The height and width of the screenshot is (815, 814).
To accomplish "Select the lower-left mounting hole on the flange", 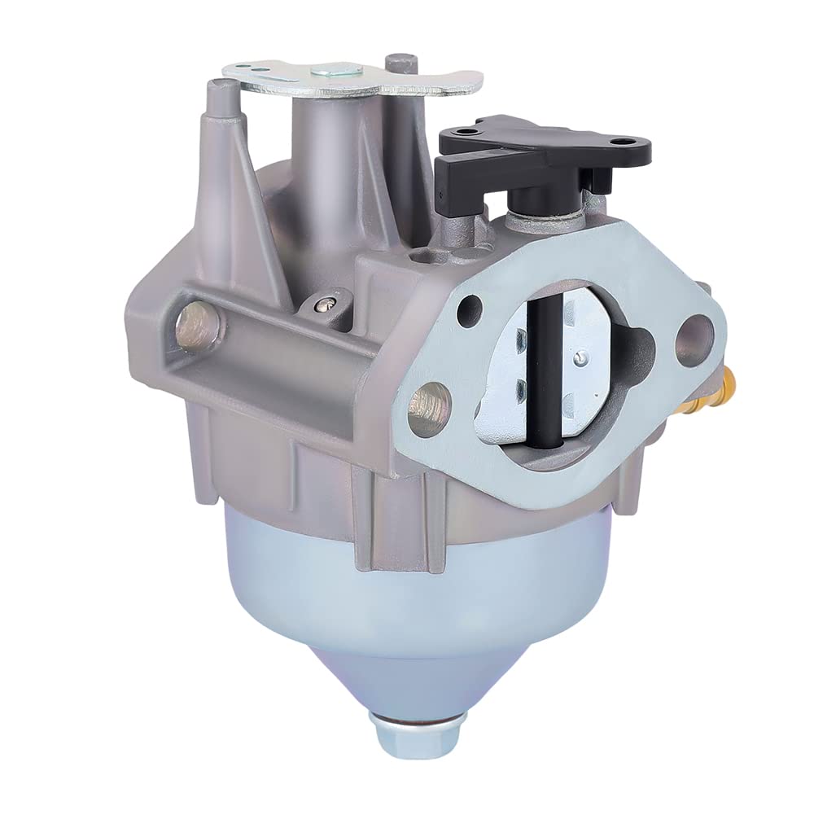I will coord(430,401).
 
